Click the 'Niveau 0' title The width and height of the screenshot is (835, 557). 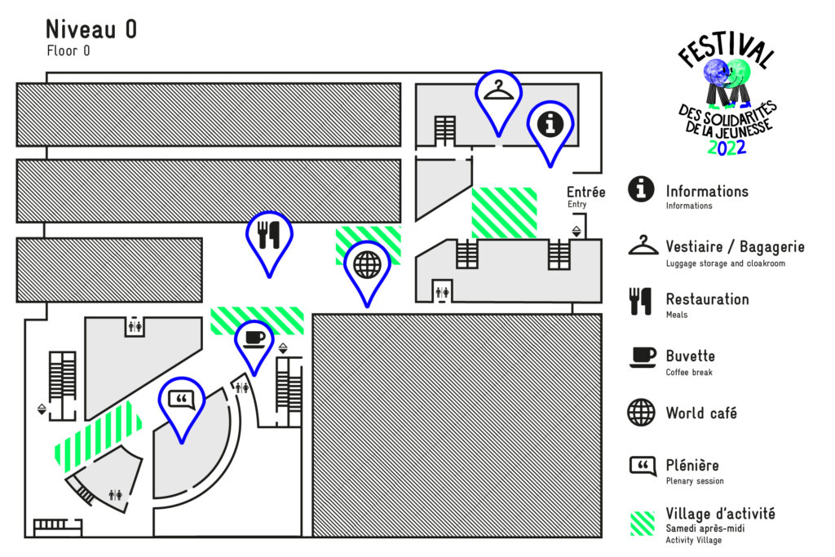tap(91, 29)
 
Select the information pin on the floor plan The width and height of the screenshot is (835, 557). tap(550, 125)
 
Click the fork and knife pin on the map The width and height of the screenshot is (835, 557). tap(268, 235)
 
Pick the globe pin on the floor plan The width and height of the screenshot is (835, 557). tap(367, 264)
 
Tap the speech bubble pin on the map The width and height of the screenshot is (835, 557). tap(182, 400)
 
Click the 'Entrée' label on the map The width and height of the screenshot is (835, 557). tap(586, 193)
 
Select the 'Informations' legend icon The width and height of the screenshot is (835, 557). tap(642, 189)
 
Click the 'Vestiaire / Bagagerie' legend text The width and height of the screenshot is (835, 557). tap(735, 246)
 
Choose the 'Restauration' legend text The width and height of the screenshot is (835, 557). tap(707, 299)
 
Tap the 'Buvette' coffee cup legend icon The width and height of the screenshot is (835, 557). tap(642, 356)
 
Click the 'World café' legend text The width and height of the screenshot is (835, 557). tap(701, 413)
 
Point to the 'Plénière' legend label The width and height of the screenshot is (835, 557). tap(692, 466)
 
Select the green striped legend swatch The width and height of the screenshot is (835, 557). tap(642, 523)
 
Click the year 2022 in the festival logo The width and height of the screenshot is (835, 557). tap(727, 148)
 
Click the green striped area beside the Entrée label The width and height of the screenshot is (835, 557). tap(504, 213)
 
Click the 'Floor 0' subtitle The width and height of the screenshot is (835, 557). tap(68, 51)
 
